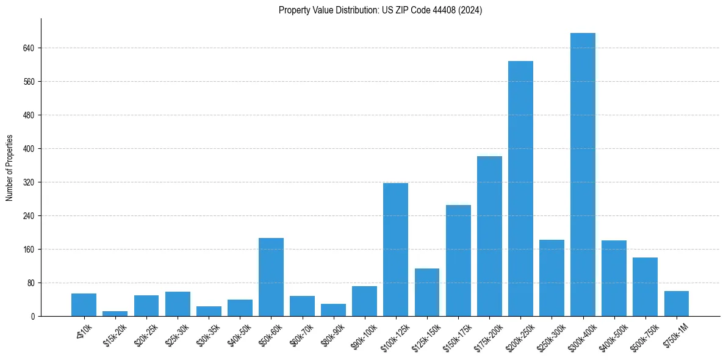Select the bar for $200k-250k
pos(520,189)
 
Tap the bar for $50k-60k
pos(271,277)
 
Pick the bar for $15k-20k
pos(115,314)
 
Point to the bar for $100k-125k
pos(395,250)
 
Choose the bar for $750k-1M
pos(676,304)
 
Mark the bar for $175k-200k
pos(489,236)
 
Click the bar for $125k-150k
pos(426,292)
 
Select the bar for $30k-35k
pos(209,311)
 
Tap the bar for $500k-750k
pos(645,287)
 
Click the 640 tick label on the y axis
pos(29,48)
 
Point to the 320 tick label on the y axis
pos(29,182)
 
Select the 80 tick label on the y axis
pos(31,283)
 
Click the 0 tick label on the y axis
pos(33,316)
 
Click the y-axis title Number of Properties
pos(9,167)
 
